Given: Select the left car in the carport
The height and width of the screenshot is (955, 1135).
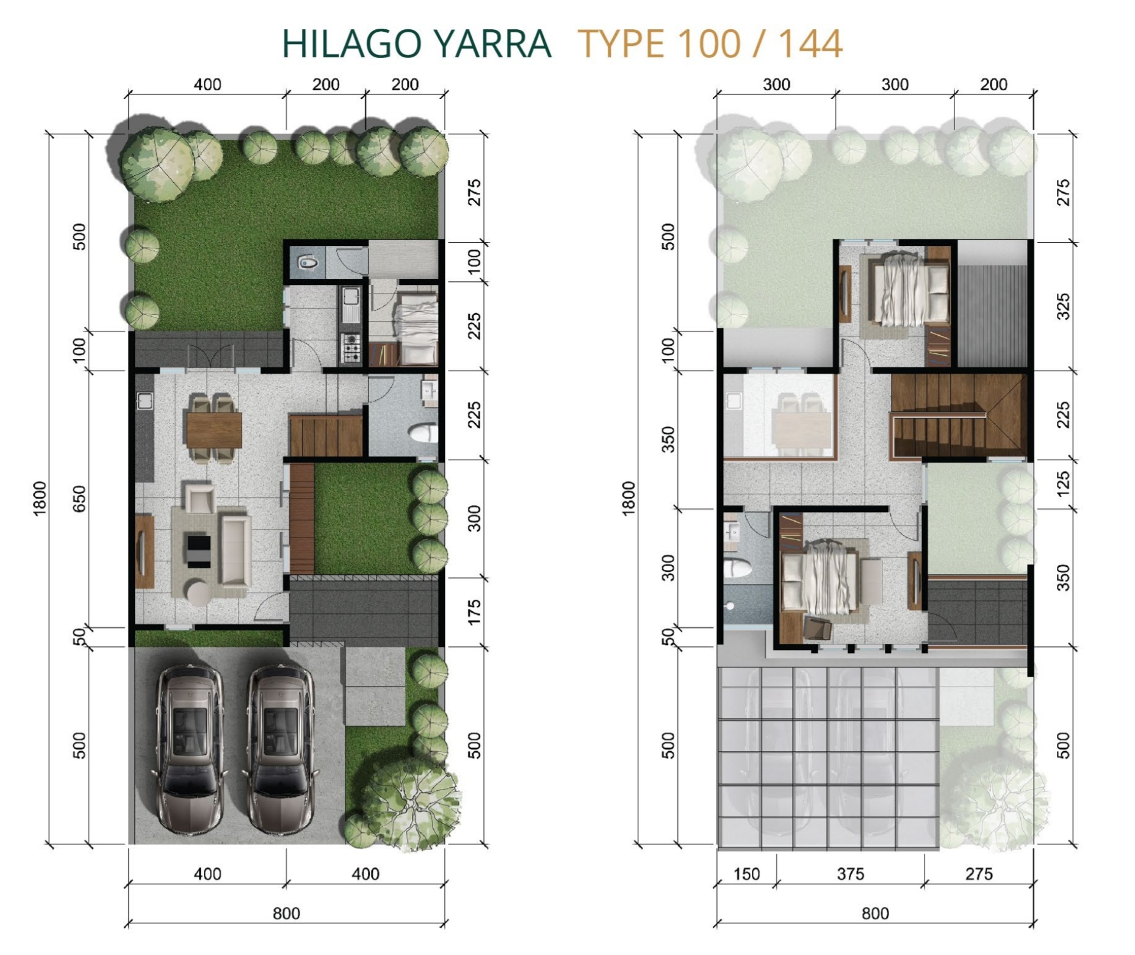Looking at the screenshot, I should click(190, 748).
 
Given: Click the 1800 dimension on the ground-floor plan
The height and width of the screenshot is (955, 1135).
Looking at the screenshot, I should click(39, 499).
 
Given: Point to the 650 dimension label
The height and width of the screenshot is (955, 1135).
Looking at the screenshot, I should click(79, 499).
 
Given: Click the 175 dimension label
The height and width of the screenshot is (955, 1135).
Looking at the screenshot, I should click(474, 613).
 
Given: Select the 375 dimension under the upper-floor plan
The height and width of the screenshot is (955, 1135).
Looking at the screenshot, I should click(850, 874).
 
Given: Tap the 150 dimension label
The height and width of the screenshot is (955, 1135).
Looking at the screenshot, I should click(746, 874).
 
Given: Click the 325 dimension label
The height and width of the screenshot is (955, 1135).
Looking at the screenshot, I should click(1063, 306).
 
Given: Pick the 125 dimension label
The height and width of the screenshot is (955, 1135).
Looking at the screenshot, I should click(1063, 483).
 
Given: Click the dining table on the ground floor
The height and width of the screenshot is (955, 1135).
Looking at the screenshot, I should click(214, 430).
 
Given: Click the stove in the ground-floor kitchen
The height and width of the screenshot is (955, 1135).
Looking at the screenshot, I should click(351, 347).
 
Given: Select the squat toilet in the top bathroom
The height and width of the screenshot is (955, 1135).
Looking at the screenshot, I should click(308, 263).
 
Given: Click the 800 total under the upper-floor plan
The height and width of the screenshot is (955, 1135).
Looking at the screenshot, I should click(874, 914).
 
